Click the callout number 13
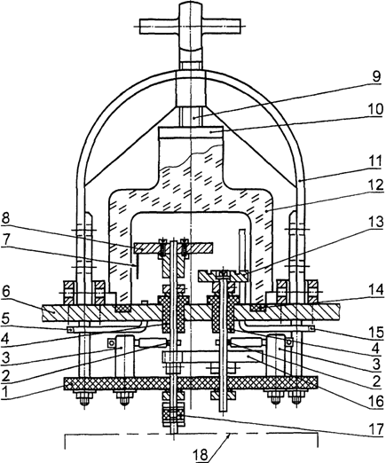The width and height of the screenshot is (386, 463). (374, 223)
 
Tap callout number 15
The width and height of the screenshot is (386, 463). (374, 332)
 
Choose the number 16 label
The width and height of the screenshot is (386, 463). (374, 401)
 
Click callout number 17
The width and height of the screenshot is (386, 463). (375, 429)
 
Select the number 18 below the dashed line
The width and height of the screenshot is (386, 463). (201, 455)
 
